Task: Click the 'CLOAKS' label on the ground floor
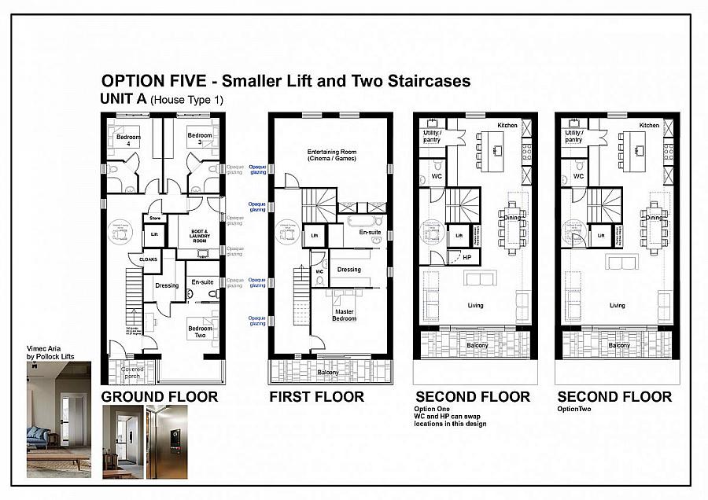[148, 259]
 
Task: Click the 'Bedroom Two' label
[200, 332]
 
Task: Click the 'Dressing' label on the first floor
[348, 270]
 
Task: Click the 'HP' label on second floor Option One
[466, 257]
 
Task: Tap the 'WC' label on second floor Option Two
[578, 177]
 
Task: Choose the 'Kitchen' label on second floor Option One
[507, 126]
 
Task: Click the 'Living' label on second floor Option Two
[618, 305]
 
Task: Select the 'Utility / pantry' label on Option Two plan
[576, 137]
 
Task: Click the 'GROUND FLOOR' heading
[160, 397]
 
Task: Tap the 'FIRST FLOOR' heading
[316, 397]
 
